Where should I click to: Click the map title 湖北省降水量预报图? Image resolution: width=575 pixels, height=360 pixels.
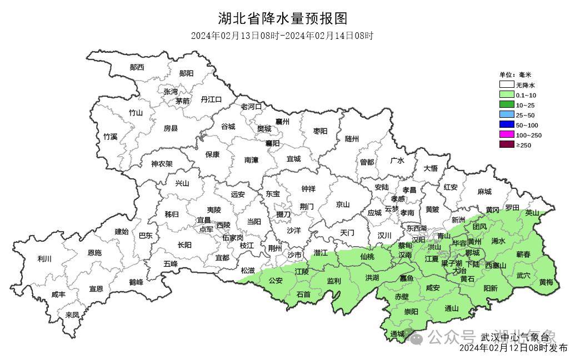click(x=283, y=18)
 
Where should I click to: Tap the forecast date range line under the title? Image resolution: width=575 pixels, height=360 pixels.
click(x=282, y=36)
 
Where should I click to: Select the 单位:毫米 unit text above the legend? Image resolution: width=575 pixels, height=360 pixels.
click(x=515, y=75)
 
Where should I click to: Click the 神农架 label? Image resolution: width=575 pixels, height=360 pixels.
click(x=162, y=164)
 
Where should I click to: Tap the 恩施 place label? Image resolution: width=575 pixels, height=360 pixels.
click(x=94, y=253)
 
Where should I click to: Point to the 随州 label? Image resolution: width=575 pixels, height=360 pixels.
click(x=352, y=139)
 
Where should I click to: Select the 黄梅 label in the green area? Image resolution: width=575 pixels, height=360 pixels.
click(x=546, y=282)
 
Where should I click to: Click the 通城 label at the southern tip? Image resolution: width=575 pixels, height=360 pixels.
click(x=397, y=334)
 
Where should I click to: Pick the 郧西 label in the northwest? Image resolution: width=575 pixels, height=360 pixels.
click(x=137, y=67)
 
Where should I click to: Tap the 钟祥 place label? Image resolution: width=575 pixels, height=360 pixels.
click(x=308, y=189)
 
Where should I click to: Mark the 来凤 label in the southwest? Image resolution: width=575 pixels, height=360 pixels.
click(x=72, y=314)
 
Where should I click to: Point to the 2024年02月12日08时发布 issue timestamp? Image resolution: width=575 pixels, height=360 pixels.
click(x=513, y=349)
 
